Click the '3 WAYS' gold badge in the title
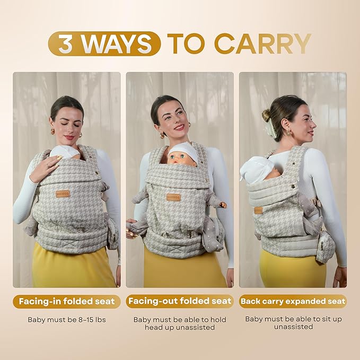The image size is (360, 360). point(104,43)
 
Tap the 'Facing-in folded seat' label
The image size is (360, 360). point(67,301)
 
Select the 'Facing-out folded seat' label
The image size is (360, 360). point(180,301)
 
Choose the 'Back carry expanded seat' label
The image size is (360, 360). point(293,301)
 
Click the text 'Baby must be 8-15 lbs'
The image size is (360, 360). point(67,320)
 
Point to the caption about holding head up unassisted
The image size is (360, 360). point(180,323)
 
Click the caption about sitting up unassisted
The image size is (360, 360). point(293,323)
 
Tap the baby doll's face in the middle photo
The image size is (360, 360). point(180,158)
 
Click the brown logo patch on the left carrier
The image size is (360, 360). point(63,194)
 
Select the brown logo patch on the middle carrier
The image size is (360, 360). point(174,197)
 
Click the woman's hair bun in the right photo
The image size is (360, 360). point(266,115)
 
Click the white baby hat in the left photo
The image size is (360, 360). point(65,152)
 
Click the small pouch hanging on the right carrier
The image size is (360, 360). point(325,247)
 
